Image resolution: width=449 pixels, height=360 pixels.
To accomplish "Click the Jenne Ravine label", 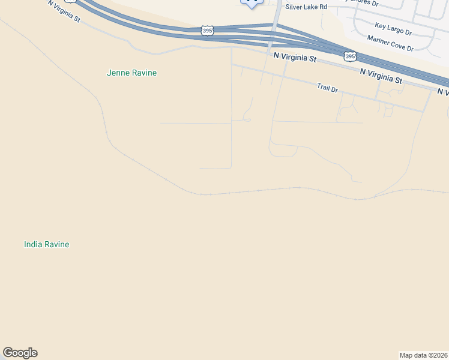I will [x=131, y=73].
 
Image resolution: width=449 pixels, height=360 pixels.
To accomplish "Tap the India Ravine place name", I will [x=46, y=245].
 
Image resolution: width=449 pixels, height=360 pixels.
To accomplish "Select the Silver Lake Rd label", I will [x=307, y=7].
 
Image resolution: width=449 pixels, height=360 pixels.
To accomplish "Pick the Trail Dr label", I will [x=328, y=88].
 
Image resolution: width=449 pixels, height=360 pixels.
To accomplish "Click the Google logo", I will [x=20, y=353].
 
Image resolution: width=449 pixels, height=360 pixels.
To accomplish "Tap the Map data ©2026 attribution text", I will [x=423, y=355].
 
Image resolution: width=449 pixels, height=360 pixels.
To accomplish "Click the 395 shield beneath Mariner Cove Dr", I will [x=349, y=57].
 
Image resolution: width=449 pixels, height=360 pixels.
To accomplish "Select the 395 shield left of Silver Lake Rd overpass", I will [x=207, y=31].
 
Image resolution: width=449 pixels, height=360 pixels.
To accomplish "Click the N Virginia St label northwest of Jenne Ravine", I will [x=64, y=11].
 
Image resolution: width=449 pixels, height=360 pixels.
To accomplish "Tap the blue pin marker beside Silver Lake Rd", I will [x=252, y=2].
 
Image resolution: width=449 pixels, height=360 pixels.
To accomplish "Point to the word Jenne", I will [x=117, y=73].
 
